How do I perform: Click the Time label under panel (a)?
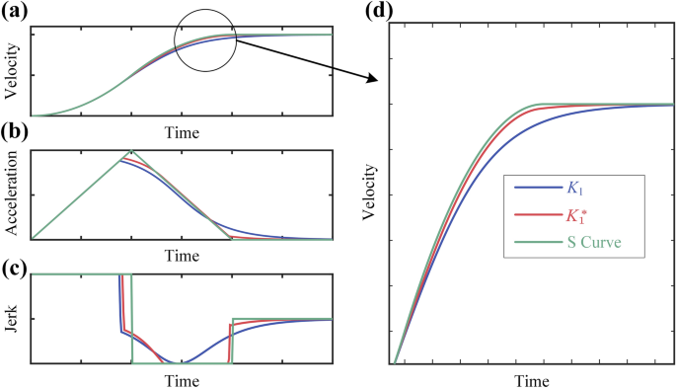coord(181,130)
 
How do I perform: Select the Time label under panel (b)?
coord(181,255)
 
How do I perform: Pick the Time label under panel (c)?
coord(181,379)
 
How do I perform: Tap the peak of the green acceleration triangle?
coord(130,151)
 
